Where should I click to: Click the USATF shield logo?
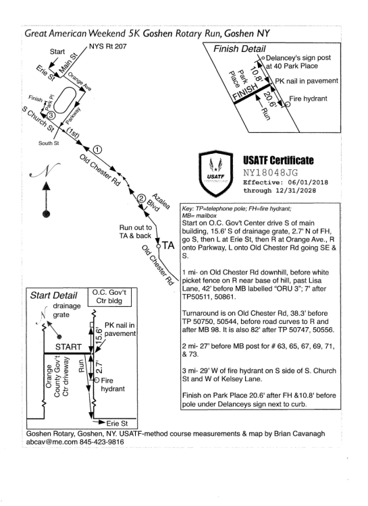click(215, 173)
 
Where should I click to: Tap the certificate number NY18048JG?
click(270, 172)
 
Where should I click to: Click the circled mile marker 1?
click(97, 150)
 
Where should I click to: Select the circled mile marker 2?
click(142, 198)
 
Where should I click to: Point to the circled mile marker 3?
click(51, 115)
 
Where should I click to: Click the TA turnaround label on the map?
click(168, 246)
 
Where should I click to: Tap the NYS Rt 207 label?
click(107, 47)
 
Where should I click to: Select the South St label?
click(49, 143)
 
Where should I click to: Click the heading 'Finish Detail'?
click(239, 49)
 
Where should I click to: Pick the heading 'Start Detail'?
click(53, 296)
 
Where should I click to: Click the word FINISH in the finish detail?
click(246, 92)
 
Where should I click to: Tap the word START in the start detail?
click(68, 347)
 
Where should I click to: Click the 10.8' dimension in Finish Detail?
click(256, 74)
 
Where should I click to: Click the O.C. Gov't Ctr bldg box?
click(109, 297)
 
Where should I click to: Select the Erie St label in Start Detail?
click(117, 423)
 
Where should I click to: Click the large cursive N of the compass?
click(45, 170)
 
